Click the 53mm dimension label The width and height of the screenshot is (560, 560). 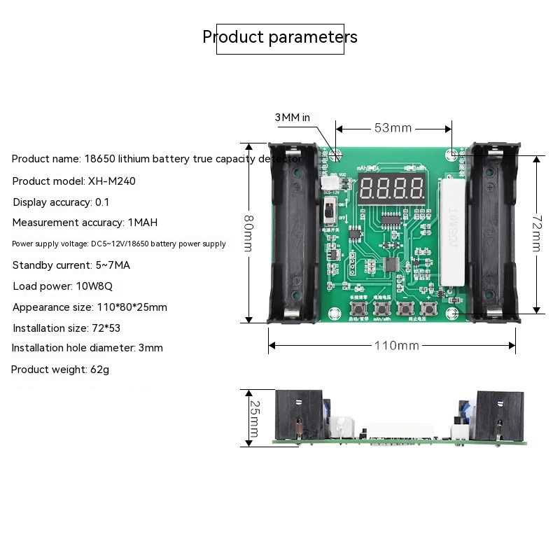click(x=393, y=128)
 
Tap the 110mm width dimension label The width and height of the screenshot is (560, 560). click(x=395, y=345)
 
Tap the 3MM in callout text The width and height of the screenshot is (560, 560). click(x=292, y=118)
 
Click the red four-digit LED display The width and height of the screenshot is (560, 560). click(x=391, y=188)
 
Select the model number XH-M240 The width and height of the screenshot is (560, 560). click(x=112, y=181)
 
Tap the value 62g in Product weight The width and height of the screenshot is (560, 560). click(x=100, y=369)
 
